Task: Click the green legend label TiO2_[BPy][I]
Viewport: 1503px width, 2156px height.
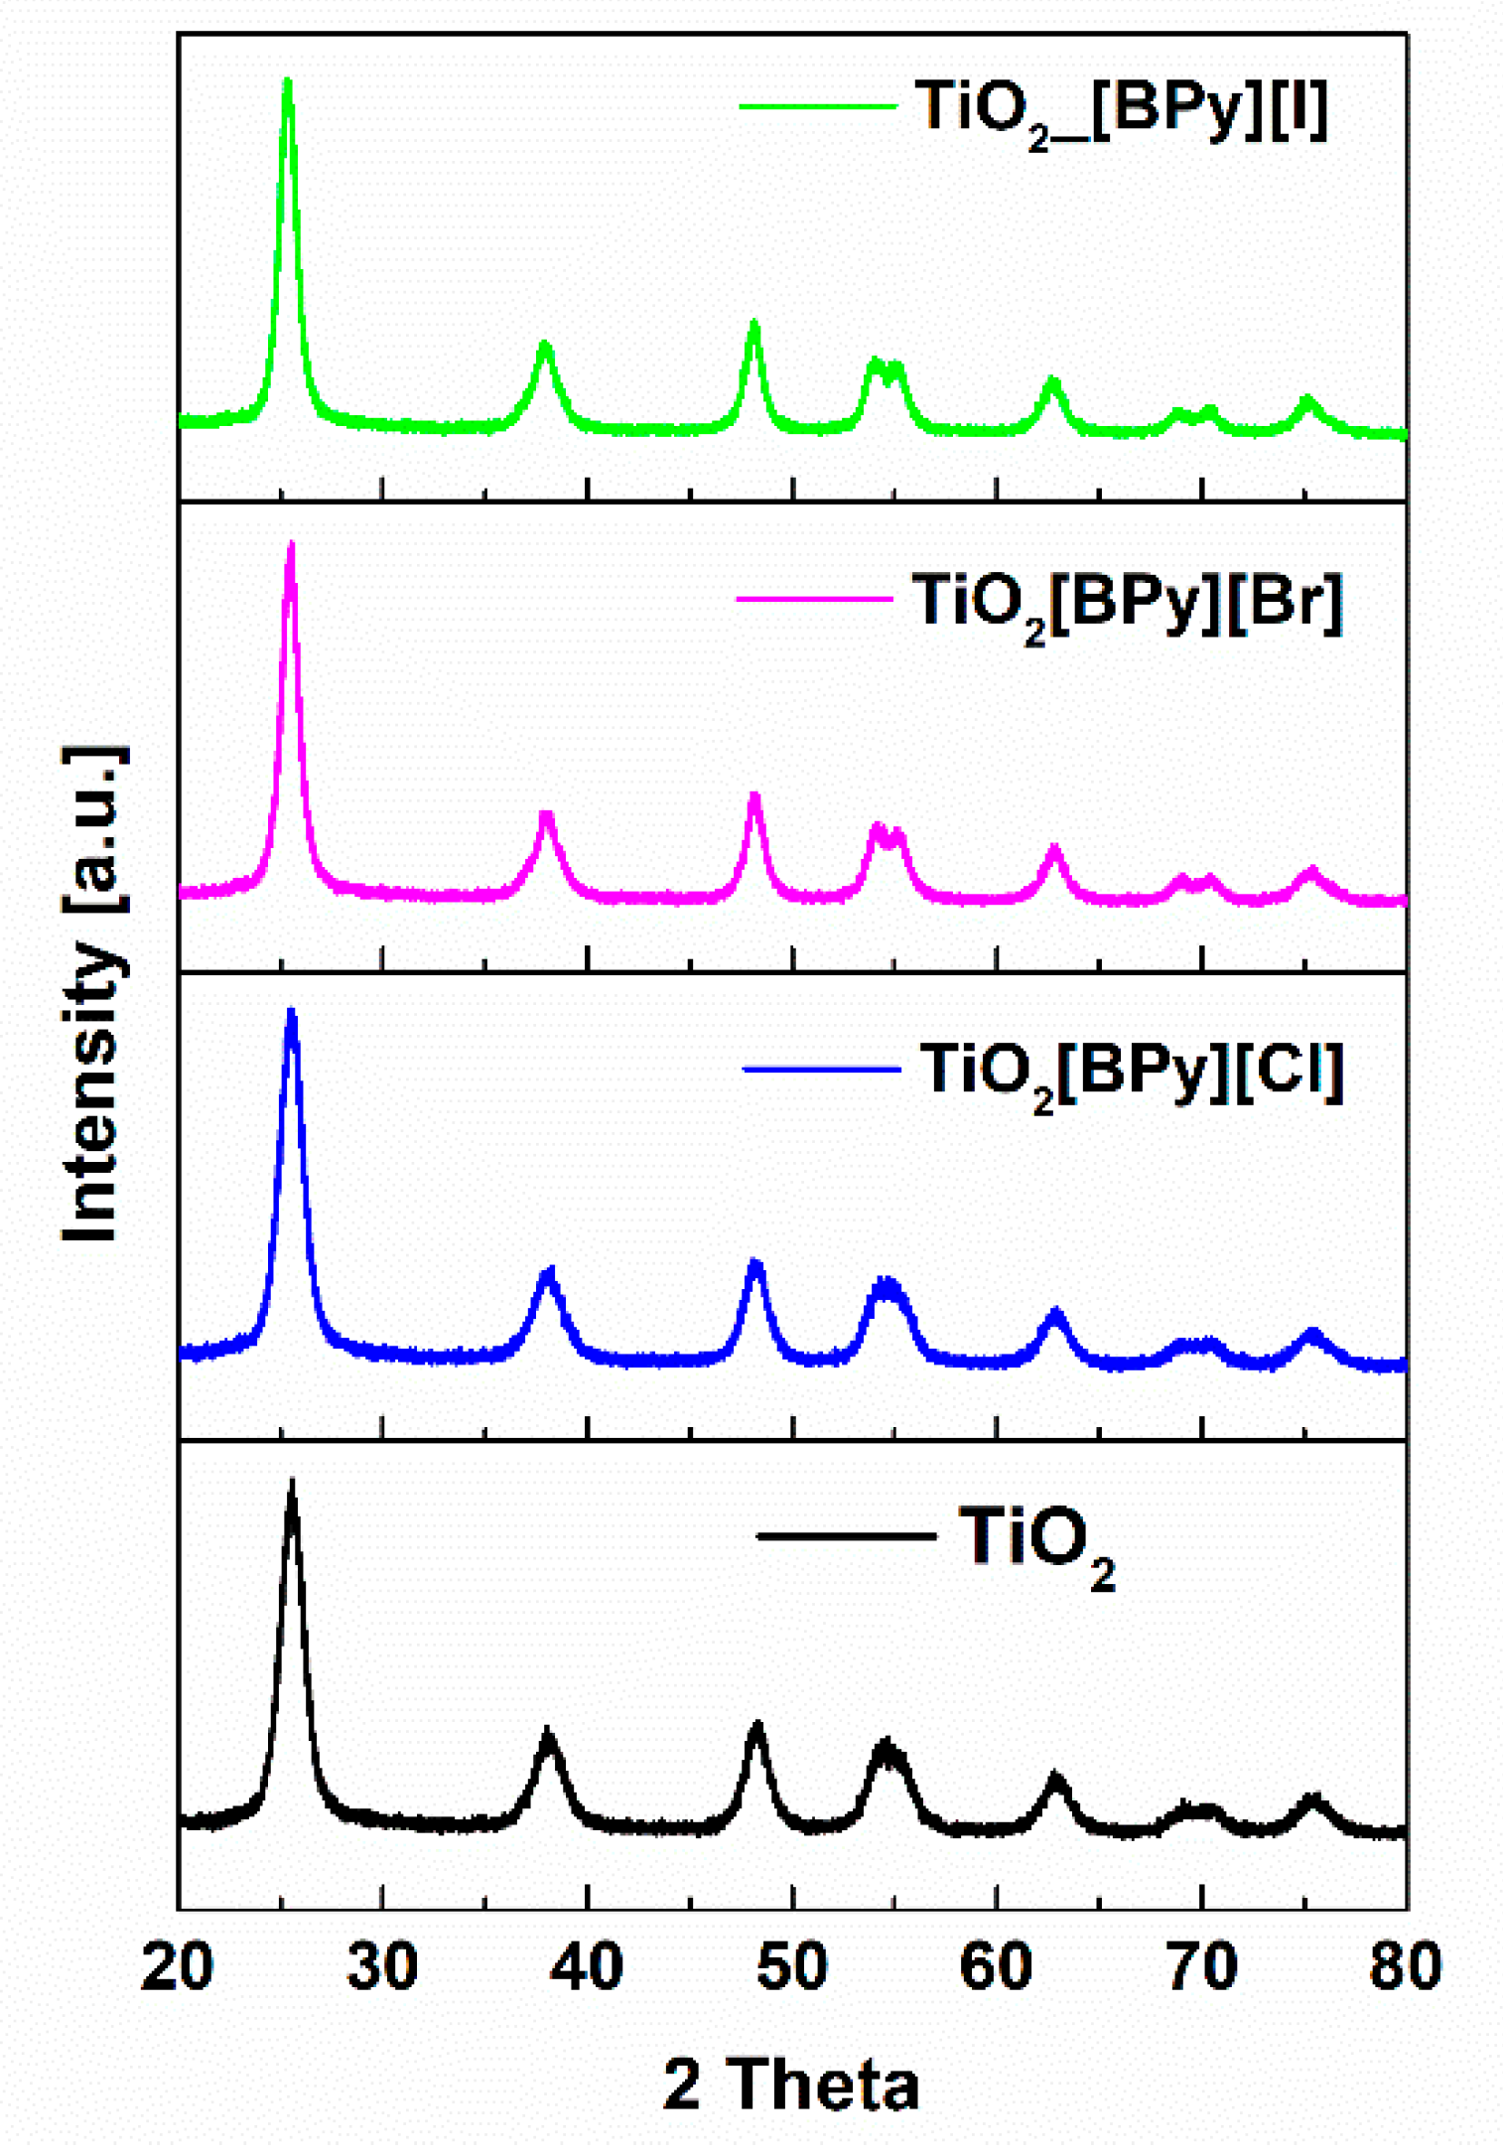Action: point(1121,110)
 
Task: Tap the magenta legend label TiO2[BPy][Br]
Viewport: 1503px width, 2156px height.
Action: point(1127,605)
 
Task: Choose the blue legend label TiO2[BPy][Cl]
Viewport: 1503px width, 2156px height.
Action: point(1132,1075)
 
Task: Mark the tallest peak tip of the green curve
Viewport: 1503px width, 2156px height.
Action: point(288,81)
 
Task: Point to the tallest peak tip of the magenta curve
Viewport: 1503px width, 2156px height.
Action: point(291,545)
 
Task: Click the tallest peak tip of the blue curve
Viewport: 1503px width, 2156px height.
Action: point(292,1012)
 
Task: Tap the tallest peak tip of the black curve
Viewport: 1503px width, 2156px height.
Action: point(292,1483)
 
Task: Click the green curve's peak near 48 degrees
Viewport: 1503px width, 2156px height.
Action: point(753,324)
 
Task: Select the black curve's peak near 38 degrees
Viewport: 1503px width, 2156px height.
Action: point(547,1732)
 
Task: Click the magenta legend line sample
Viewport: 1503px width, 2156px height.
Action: point(814,598)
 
